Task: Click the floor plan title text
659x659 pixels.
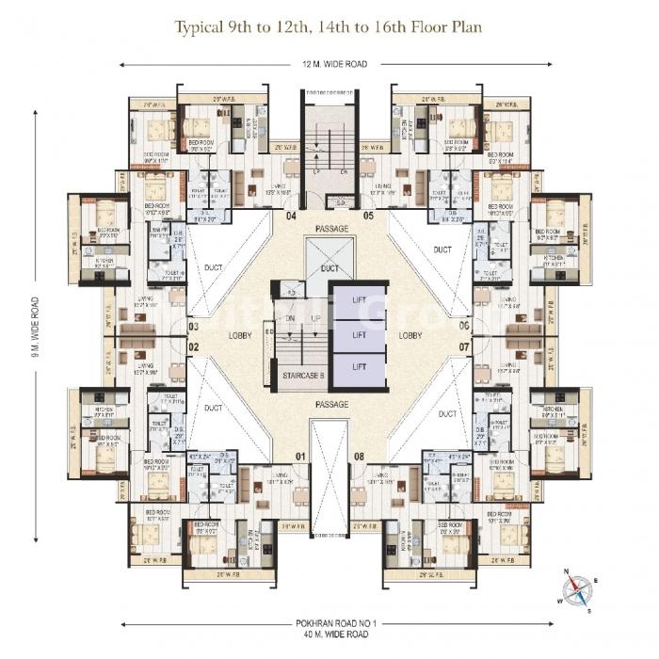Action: coord(329,26)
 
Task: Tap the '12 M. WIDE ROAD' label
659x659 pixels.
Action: coord(329,64)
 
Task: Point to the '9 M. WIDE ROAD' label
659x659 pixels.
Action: coord(36,328)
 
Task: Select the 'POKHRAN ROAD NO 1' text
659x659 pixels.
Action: coord(329,624)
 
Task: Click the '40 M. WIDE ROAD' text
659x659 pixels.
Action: coord(329,636)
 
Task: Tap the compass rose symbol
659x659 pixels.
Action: coord(576,588)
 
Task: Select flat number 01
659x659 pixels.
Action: coord(301,458)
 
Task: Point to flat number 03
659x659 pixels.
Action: coord(194,327)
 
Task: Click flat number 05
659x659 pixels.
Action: coord(369,216)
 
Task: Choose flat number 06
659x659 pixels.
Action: coord(464,327)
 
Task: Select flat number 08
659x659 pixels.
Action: coord(359,458)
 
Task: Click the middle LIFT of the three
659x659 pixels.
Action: coord(359,333)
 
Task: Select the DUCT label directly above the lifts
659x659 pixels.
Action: coord(329,267)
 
